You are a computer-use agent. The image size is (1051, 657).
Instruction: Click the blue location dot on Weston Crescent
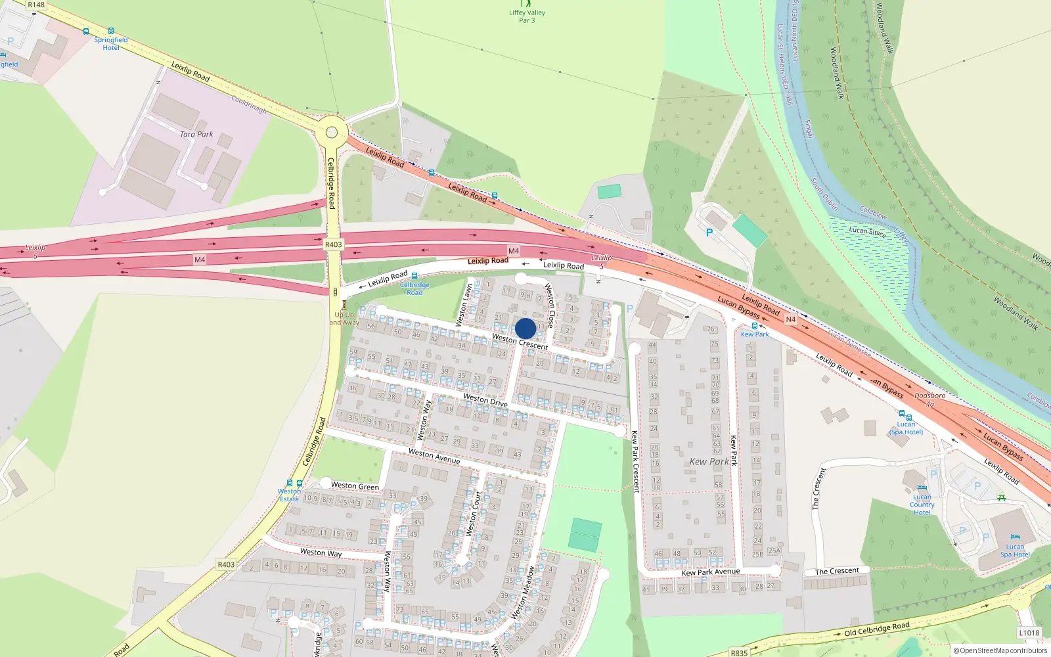click(x=525, y=328)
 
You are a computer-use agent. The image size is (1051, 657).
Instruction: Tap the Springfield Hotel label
click(x=111, y=43)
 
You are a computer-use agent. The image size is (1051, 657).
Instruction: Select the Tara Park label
click(x=196, y=134)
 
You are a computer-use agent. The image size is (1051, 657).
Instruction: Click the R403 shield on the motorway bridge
click(x=334, y=244)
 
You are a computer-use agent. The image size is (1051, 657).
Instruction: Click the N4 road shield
click(x=790, y=319)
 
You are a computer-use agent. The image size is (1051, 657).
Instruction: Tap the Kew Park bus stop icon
click(x=755, y=326)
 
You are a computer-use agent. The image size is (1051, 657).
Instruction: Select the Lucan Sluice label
click(x=867, y=231)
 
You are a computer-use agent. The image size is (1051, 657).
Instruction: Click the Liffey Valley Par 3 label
click(x=527, y=16)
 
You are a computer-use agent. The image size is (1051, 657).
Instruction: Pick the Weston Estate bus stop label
click(x=289, y=495)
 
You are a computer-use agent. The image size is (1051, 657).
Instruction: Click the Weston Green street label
click(x=355, y=486)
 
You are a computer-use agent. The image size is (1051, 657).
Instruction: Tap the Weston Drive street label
click(x=485, y=399)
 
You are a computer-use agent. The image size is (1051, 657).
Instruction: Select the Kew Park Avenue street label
click(x=711, y=572)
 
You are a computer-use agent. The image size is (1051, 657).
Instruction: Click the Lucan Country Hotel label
click(x=922, y=505)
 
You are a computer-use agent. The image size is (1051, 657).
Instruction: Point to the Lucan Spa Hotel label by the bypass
click(x=906, y=428)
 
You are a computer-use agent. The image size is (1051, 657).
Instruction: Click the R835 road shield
click(x=739, y=652)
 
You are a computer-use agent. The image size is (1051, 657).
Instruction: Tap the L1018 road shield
click(x=1029, y=633)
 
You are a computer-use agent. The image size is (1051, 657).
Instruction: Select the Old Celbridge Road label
click(x=877, y=629)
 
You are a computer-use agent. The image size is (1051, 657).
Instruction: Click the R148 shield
click(x=36, y=5)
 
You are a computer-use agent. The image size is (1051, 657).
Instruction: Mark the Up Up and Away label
click(x=344, y=319)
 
